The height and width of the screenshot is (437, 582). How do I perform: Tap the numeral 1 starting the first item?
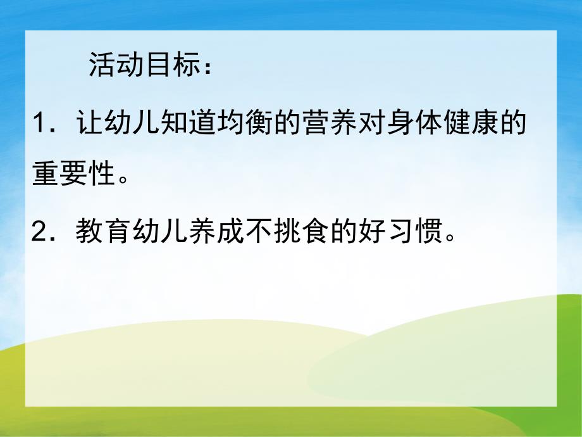[40, 124]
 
